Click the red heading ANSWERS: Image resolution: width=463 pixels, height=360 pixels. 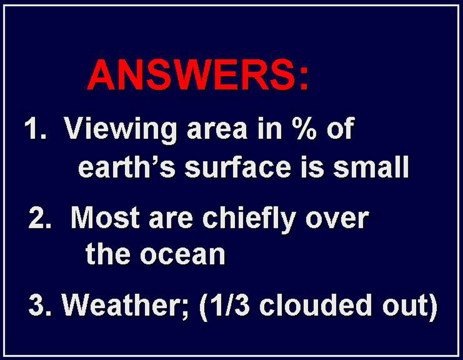coord(198,75)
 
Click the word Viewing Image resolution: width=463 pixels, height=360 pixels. coord(121,131)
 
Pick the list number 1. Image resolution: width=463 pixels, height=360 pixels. coord(35,128)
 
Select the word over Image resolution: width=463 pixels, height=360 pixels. coord(337,220)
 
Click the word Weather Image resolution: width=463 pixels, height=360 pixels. coord(125,307)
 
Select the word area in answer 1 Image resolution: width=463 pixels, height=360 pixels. coord(217,132)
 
